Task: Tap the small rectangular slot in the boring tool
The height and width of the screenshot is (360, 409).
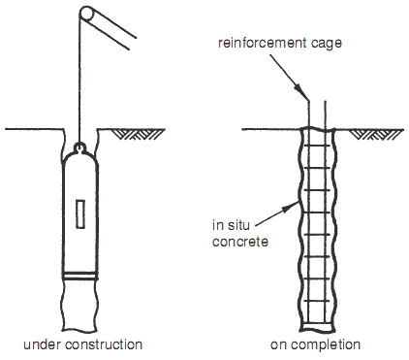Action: pyautogui.click(x=80, y=214)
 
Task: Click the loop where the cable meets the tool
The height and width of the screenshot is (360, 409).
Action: pyautogui.click(x=80, y=147)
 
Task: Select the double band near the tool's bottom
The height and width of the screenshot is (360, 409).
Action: pyautogui.click(x=80, y=276)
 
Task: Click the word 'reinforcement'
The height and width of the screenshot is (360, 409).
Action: pyautogui.click(x=262, y=43)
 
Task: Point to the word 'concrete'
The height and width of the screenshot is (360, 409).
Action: pyautogui.click(x=240, y=242)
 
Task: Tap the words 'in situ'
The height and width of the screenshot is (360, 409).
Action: pyautogui.click(x=231, y=225)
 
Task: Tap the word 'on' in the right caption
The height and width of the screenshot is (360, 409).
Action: pyautogui.click(x=279, y=345)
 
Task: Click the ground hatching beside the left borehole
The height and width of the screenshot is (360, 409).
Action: pyautogui.click(x=140, y=134)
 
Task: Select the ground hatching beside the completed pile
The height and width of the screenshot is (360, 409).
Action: pyautogui.click(x=375, y=134)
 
